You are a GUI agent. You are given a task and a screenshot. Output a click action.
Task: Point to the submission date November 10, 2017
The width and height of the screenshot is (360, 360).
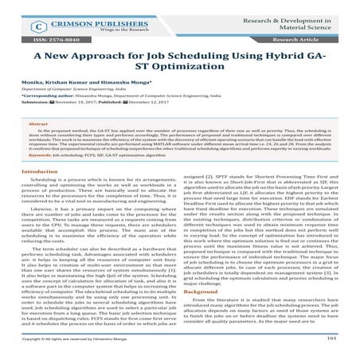click(x=78, y=125)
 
